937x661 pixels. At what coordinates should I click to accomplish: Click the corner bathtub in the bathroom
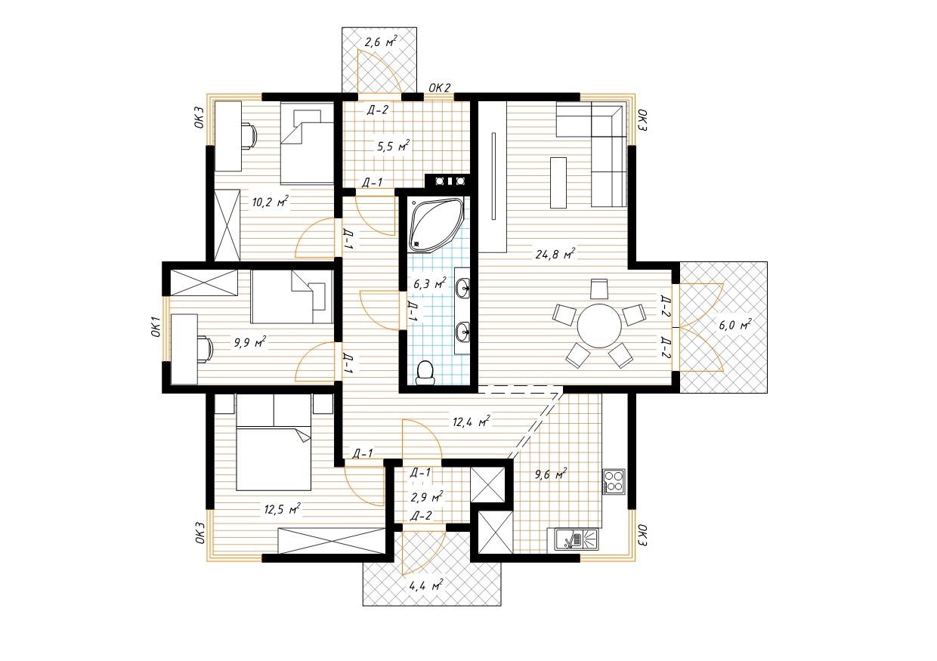(436, 225)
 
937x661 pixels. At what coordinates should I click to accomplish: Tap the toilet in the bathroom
(425, 373)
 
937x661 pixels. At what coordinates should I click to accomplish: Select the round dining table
(599, 326)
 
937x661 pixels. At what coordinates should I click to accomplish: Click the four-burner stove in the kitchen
(614, 481)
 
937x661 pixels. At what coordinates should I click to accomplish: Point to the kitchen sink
(577, 539)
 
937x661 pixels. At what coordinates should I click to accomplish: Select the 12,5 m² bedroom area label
(283, 509)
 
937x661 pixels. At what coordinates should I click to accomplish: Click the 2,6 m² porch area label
(381, 42)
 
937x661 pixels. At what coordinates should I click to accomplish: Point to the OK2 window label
(439, 88)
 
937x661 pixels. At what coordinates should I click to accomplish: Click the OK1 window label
(156, 327)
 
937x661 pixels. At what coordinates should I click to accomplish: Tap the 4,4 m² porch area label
(426, 585)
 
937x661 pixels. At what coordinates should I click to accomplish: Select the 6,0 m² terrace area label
(735, 324)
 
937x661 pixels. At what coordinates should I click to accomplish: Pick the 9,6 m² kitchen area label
(551, 474)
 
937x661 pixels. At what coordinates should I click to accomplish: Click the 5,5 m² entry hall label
(393, 146)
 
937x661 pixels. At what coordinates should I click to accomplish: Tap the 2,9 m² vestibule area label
(427, 497)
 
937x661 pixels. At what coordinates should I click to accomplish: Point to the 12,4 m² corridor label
(472, 422)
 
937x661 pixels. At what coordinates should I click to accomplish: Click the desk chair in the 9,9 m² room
(206, 349)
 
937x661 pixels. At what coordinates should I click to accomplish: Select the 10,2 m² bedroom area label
(271, 202)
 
